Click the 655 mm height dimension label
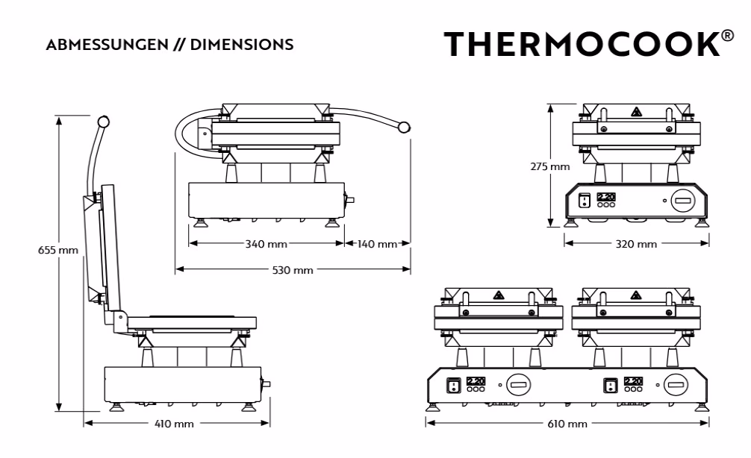coord(58,250)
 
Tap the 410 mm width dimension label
coord(175,424)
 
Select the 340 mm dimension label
coord(267,244)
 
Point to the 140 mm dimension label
coord(378,244)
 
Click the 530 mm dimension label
coord(293,270)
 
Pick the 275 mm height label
coord(550,166)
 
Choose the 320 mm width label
coord(636,244)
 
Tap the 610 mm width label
coord(567,424)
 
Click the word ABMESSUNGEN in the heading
coord(107,45)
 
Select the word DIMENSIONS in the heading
coord(242,45)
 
